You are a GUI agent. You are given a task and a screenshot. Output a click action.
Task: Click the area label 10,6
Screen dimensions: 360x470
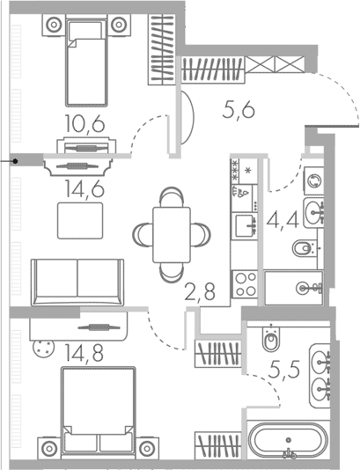(x=85, y=124)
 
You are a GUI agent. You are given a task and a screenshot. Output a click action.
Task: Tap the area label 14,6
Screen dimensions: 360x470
(x=85, y=189)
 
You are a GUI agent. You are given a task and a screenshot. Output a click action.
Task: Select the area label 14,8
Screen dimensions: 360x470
(x=84, y=353)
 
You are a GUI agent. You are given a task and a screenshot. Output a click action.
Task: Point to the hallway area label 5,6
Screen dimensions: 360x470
(x=239, y=110)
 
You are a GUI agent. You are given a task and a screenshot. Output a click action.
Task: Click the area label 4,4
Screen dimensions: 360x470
(x=283, y=220)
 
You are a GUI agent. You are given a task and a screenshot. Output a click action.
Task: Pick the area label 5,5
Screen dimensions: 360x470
(x=284, y=369)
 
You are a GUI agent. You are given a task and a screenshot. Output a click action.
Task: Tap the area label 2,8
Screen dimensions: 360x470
(x=200, y=292)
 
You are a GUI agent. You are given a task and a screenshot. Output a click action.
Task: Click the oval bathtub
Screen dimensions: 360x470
(x=288, y=440)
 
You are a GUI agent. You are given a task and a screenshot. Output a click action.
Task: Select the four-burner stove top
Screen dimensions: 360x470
(x=246, y=284)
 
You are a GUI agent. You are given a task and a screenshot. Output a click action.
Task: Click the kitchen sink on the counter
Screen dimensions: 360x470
(x=245, y=225)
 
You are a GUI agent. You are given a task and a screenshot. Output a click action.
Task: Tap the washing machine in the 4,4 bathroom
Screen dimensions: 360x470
(x=314, y=181)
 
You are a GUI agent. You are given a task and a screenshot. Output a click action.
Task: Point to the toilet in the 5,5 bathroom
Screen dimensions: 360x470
(x=271, y=338)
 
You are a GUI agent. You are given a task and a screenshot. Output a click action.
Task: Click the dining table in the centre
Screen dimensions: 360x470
(x=172, y=235)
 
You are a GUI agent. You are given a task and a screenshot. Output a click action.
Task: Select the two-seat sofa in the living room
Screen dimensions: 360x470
(x=77, y=283)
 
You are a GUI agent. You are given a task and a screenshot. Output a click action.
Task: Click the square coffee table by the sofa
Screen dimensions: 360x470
(x=80, y=221)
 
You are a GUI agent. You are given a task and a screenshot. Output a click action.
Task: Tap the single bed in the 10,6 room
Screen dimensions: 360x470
(x=86, y=62)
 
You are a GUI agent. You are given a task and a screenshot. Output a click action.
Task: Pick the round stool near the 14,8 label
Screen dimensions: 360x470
(x=44, y=349)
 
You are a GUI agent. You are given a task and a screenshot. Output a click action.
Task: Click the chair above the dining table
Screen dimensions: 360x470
(x=172, y=196)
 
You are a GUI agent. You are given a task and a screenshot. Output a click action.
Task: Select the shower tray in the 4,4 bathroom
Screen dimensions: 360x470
(x=294, y=288)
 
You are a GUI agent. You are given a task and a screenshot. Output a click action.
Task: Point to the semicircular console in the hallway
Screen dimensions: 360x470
(x=188, y=118)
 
